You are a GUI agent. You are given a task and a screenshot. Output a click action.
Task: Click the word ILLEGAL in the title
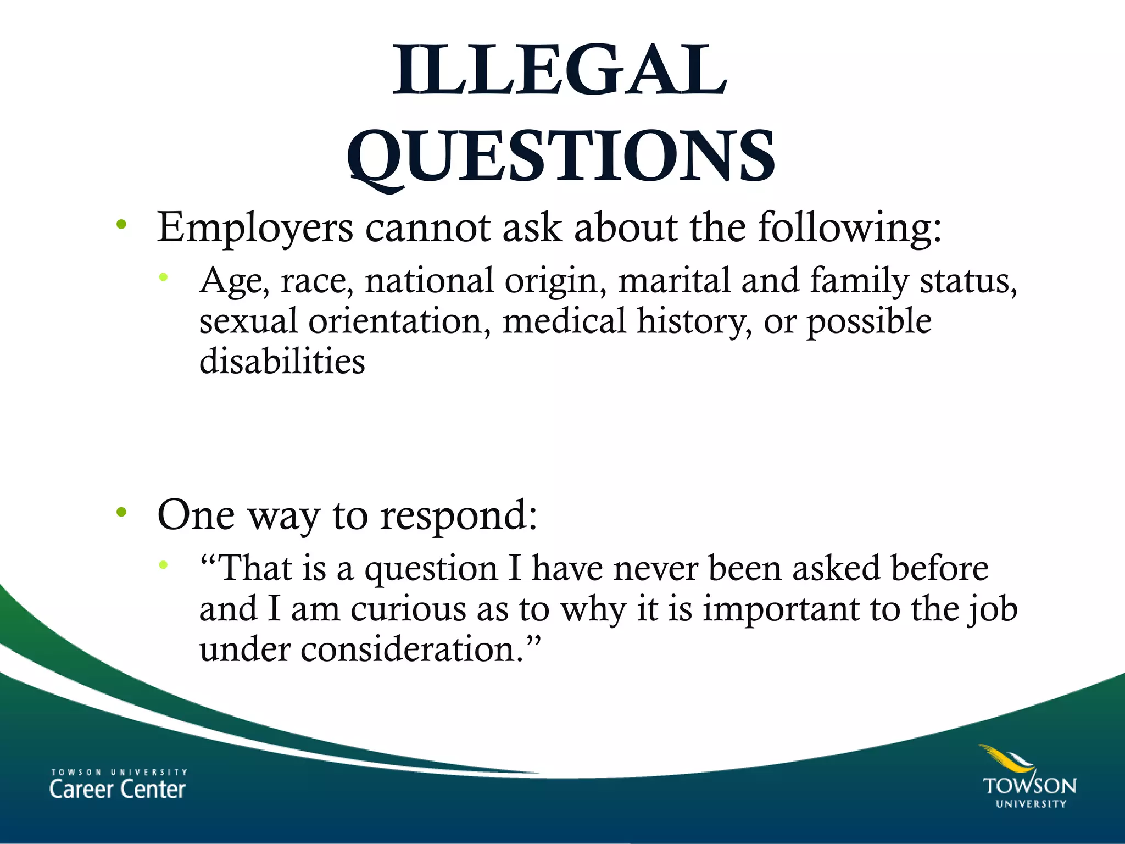pos(560,71)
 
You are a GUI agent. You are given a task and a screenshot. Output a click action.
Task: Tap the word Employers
pos(255,228)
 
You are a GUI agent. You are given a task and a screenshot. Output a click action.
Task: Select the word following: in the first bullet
pos(849,228)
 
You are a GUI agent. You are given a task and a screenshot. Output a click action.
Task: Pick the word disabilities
pos(282,362)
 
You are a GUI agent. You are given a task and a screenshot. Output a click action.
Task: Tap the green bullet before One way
pos(121,513)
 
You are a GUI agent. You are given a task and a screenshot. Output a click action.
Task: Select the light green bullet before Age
pos(163,277)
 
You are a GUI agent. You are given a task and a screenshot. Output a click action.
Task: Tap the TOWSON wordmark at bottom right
pos(1029,786)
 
